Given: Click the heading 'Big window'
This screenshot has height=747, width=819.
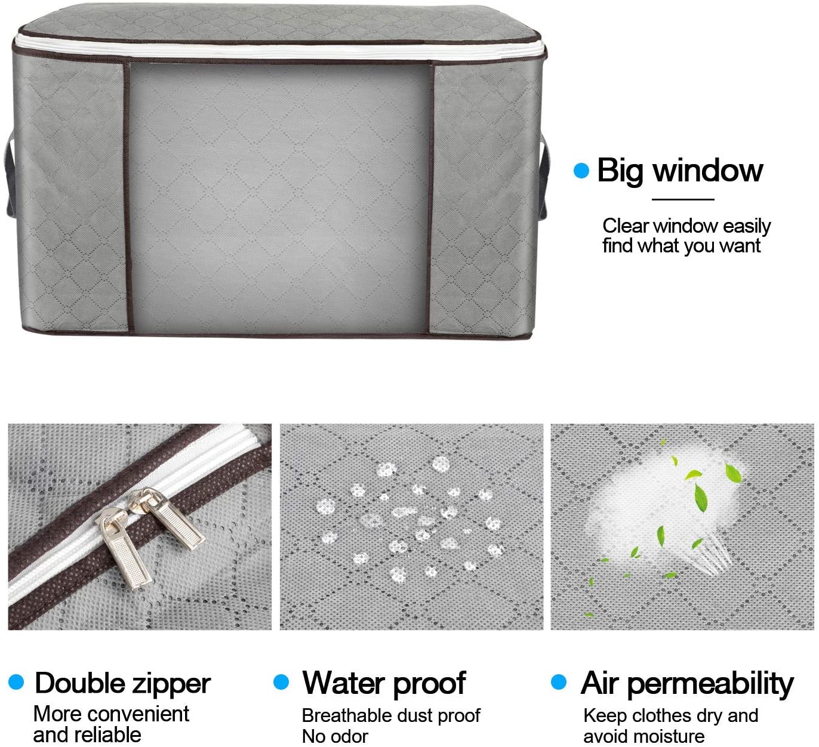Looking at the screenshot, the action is (x=680, y=171).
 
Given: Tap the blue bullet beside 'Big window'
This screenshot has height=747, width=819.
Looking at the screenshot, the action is (x=581, y=171).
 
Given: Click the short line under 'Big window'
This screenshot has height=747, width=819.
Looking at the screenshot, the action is (x=683, y=199).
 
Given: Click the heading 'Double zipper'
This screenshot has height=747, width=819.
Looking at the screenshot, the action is (x=122, y=683).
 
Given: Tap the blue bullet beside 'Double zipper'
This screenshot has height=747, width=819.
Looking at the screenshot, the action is (x=16, y=682).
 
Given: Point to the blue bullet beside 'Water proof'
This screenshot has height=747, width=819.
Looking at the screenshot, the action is (x=281, y=682).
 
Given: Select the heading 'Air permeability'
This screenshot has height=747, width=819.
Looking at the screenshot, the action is (x=687, y=683).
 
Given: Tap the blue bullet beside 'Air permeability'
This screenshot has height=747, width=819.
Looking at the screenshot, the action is (x=559, y=682).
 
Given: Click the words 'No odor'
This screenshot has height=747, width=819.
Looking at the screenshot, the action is (x=335, y=736).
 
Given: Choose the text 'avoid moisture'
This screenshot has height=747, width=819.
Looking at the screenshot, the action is (x=644, y=736).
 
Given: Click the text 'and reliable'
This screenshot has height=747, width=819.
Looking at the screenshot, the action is (x=87, y=734).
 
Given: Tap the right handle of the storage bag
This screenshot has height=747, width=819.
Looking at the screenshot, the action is (x=543, y=178).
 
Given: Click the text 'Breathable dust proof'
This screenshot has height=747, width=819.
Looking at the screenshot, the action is (x=391, y=715).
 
